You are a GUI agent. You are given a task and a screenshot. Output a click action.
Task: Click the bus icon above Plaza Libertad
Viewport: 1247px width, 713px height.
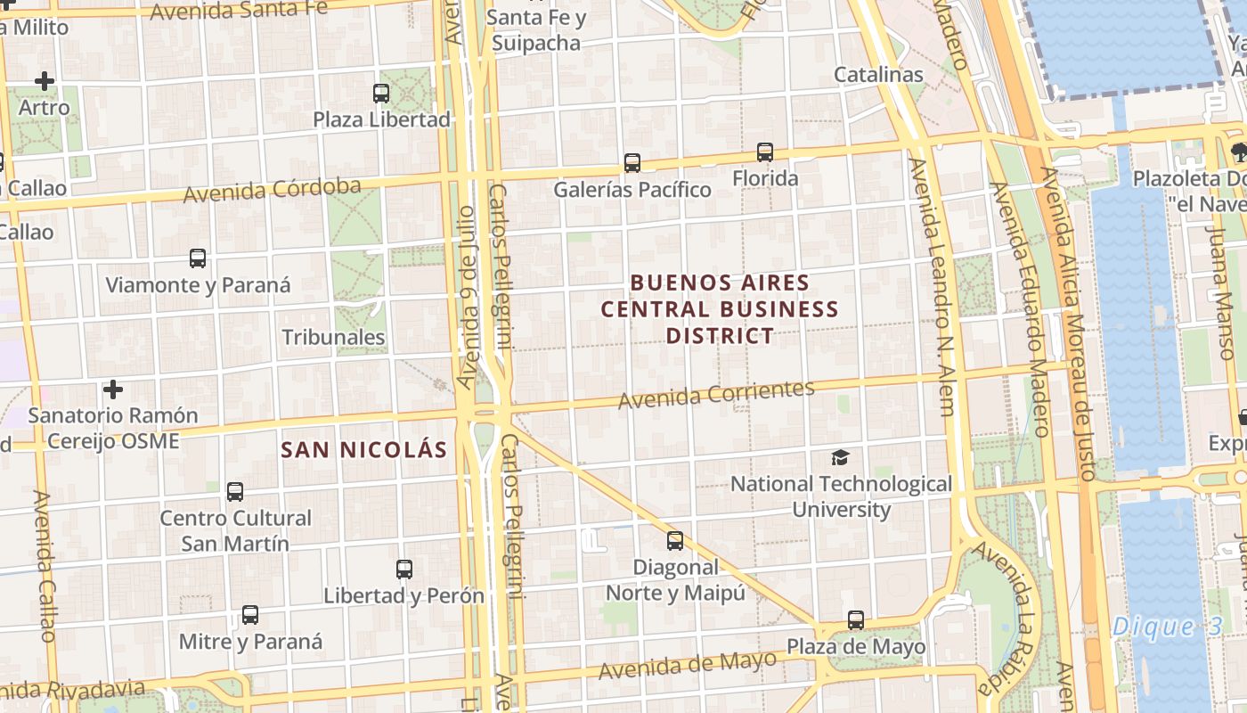381,93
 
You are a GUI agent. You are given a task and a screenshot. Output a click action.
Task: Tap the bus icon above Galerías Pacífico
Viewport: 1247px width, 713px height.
632,163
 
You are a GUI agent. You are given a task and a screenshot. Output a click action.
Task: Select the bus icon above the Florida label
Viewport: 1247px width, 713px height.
765,152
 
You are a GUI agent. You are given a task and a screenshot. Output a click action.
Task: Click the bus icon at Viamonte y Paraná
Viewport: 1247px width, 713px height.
198,258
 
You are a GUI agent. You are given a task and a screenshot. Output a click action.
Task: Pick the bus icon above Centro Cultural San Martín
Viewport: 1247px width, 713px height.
235,491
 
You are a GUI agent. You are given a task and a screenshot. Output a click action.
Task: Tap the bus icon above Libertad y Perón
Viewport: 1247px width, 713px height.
404,569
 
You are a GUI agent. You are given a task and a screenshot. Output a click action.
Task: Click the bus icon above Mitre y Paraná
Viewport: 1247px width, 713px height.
250,614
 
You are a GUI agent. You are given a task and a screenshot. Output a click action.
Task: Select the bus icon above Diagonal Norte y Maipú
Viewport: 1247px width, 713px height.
675,540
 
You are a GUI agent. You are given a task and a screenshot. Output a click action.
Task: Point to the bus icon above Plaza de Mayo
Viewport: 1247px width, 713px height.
856,619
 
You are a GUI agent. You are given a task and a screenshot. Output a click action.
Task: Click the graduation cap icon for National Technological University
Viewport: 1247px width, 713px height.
840,457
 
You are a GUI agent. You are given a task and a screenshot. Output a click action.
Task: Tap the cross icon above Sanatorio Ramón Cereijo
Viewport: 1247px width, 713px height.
113,389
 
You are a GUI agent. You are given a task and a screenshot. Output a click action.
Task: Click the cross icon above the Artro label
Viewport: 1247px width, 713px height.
45,81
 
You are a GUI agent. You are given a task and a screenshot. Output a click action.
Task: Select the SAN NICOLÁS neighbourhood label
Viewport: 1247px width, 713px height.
363,449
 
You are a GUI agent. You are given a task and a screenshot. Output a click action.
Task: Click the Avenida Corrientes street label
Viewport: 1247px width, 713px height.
716,395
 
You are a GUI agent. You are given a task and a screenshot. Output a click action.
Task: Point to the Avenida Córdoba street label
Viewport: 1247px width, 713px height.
272,190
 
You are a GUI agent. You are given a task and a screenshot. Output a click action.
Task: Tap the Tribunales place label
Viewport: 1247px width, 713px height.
333,338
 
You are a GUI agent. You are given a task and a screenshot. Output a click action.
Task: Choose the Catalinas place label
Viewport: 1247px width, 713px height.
878,75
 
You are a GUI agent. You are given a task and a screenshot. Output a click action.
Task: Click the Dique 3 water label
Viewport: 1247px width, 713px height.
1167,627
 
